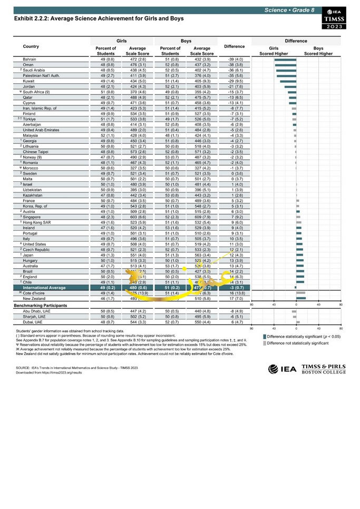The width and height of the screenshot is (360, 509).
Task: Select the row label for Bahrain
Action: pyautogui.click(x=30, y=60)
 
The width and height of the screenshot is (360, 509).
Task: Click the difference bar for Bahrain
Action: pyautogui.click(x=285, y=60)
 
